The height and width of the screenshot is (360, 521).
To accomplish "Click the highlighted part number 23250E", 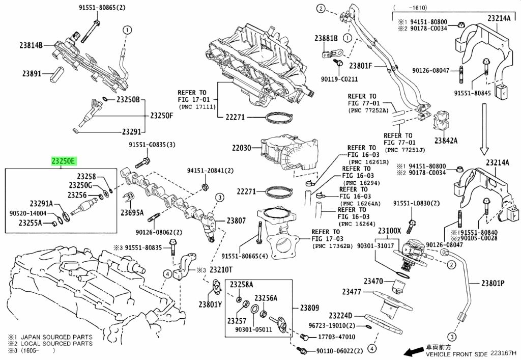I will click(63, 161).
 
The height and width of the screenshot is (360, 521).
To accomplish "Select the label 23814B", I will click(32, 45).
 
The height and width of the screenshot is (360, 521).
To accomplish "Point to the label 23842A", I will click(446, 140).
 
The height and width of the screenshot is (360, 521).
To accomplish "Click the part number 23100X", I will click(389, 230).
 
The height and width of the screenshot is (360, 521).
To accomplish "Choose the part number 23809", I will click(309, 308).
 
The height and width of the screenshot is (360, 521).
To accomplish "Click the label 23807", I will click(236, 221).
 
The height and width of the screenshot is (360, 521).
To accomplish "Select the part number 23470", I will click(373, 281).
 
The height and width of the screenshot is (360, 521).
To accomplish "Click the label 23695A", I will click(132, 212).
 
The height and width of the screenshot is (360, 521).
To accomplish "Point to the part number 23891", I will click(31, 73).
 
